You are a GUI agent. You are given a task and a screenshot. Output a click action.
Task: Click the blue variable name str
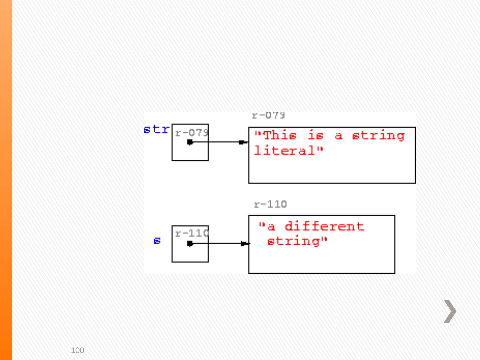pyautogui.click(x=157, y=129)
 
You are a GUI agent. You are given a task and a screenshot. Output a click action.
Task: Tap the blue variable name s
pyautogui.click(x=157, y=241)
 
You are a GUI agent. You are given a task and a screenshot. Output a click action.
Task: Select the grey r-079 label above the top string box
pyautogui.click(x=268, y=116)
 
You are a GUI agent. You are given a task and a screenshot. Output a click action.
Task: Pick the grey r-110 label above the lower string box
pyautogui.click(x=270, y=204)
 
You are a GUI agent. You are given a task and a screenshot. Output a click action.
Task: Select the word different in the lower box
pyautogui.click(x=324, y=226)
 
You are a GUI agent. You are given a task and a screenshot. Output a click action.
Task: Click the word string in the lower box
pyautogui.click(x=293, y=241)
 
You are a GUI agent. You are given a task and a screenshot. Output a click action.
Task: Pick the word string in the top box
pyautogui.click(x=378, y=136)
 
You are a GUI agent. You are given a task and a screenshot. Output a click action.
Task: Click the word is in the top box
pyautogui.click(x=315, y=136)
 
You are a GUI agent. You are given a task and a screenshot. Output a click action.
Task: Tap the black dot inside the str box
pyautogui.click(x=190, y=142)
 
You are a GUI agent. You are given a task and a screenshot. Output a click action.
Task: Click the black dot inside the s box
pyautogui.click(x=190, y=244)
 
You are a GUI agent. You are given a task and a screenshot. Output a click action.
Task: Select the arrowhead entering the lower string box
pyautogui.click(x=245, y=244)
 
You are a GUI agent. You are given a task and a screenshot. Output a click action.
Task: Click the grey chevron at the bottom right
pyautogui.click(x=450, y=311)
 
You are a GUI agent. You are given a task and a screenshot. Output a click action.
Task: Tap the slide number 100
pyautogui.click(x=78, y=350)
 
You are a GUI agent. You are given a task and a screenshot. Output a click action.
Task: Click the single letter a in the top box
pyautogui.click(x=338, y=136)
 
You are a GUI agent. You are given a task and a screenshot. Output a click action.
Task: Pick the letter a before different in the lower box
pyautogui.click(x=272, y=227)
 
